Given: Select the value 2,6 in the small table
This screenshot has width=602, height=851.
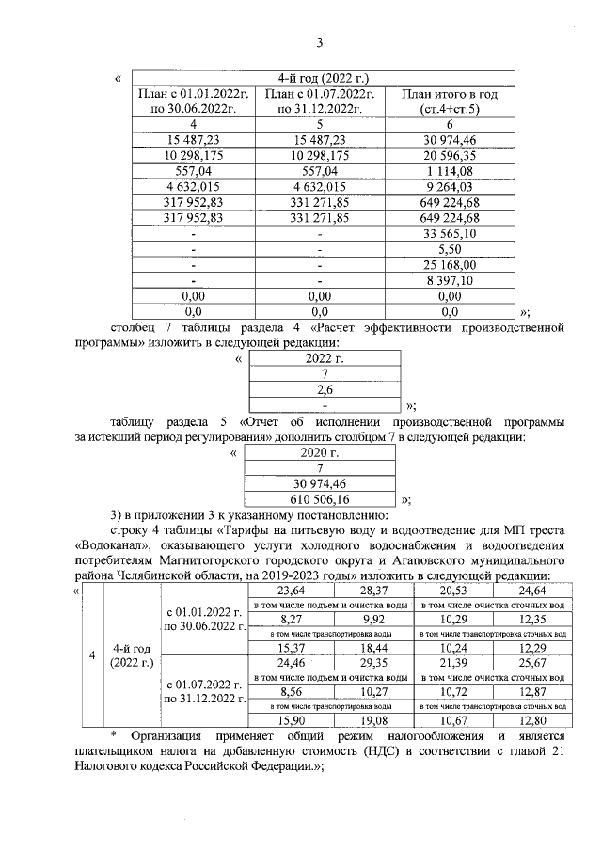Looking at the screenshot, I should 325,389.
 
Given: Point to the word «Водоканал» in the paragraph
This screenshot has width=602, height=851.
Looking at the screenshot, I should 116,545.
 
